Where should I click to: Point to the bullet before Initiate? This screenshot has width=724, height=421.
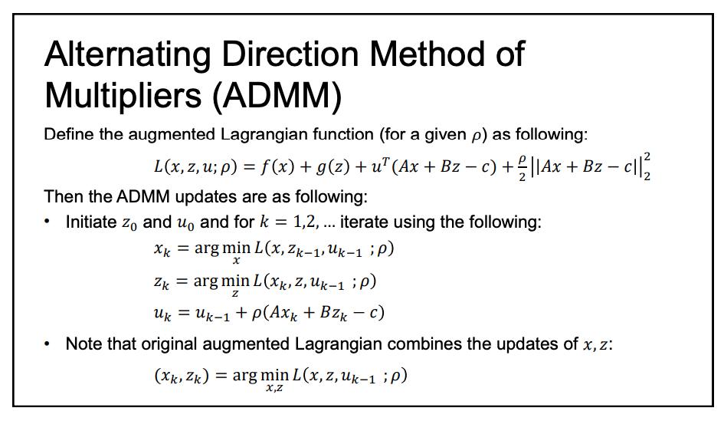coord(49,223)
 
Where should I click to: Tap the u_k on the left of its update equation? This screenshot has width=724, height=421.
coord(162,313)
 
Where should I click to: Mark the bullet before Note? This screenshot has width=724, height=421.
coord(49,344)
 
